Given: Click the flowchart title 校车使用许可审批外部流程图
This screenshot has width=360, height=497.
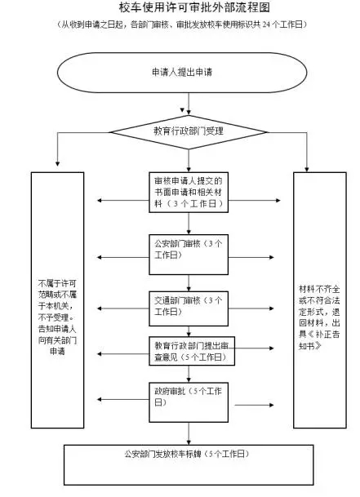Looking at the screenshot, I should pos(180,9).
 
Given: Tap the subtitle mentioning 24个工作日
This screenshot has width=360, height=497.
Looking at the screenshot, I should pos(180,26).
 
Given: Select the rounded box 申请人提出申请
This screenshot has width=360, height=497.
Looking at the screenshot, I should pos(189,73).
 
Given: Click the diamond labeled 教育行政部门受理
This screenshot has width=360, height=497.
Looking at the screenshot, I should pos(189,131).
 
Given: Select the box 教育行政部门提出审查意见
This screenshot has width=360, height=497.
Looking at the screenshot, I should pos(189,349).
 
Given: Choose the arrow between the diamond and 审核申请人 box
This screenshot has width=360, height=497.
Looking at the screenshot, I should pos(189,159).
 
